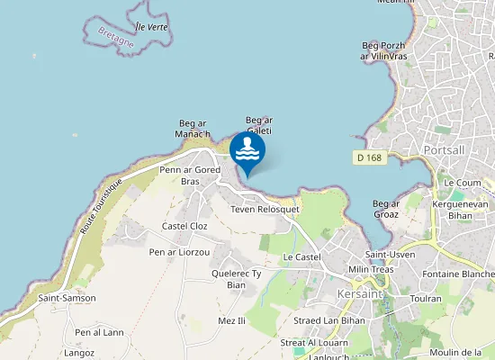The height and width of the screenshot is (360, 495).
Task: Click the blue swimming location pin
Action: click(247, 151)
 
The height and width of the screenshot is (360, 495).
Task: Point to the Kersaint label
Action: click(358, 295)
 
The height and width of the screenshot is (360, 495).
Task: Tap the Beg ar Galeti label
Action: click(259, 124)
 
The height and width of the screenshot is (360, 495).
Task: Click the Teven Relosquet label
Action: click(265, 209)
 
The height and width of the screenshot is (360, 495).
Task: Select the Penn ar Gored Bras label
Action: click(190, 175)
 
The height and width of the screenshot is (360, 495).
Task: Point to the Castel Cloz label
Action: click(184, 226)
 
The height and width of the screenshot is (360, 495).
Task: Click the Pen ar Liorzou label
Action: click(179, 253)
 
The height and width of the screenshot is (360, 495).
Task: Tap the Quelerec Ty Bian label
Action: click(236, 279)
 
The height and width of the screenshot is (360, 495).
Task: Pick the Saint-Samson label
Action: click(67, 298)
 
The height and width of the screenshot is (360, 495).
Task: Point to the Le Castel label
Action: click(301, 257)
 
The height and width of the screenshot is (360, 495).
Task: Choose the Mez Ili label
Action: click(231, 320)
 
